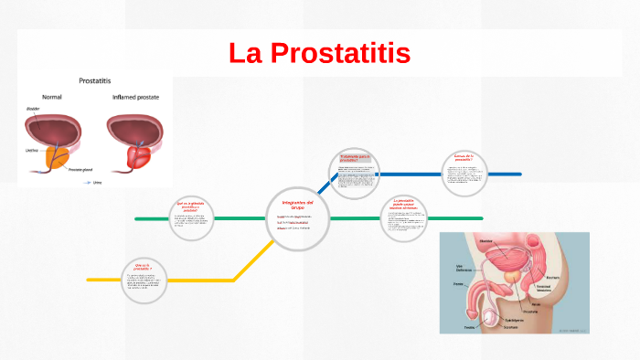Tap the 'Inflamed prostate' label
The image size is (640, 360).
(x=136, y=97)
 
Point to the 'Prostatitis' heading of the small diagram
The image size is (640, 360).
(x=96, y=80)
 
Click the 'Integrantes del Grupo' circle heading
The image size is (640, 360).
(x=298, y=204)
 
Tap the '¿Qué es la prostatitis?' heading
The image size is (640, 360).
(x=141, y=265)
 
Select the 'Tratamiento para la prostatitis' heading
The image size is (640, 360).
(x=356, y=159)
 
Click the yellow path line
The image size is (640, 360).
(x=183, y=279)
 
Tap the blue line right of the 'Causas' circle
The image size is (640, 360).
(x=507, y=174)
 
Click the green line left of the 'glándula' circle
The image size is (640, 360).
(x=151, y=219)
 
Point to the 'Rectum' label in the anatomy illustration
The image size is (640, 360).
(x=552, y=278)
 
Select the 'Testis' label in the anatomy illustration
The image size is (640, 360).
(x=470, y=326)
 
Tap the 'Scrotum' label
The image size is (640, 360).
(x=511, y=327)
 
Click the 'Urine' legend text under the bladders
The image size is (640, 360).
(x=96, y=182)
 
